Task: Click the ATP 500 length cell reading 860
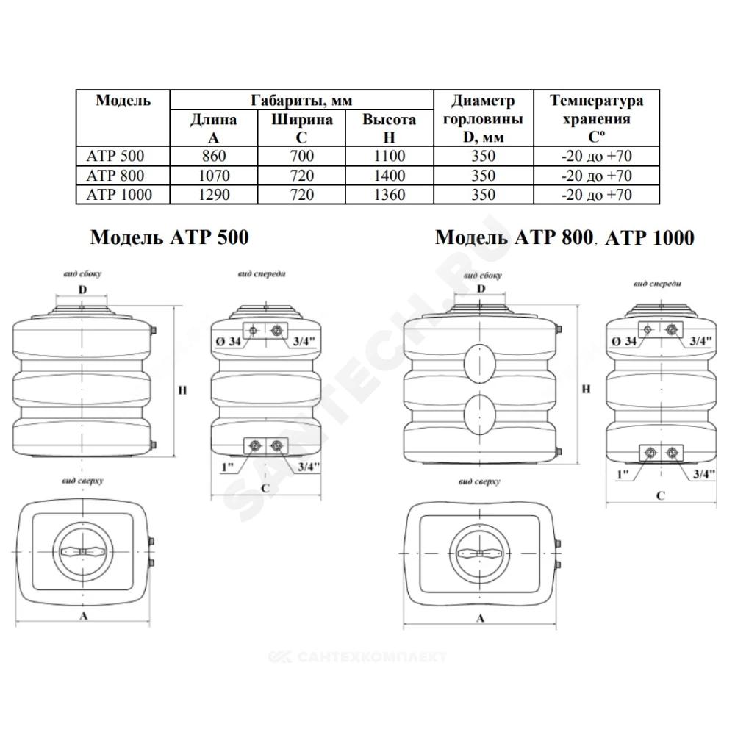pyautogui.click(x=214, y=156)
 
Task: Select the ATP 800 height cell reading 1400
pyautogui.click(x=389, y=176)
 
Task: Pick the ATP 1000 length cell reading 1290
pyautogui.click(x=214, y=195)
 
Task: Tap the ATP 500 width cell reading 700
pyautogui.click(x=301, y=156)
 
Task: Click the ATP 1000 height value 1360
pyautogui.click(x=389, y=195)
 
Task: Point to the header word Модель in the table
pyautogui.click(x=123, y=100)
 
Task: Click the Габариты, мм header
pyautogui.click(x=301, y=100)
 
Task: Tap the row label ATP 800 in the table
pyautogui.click(x=115, y=176)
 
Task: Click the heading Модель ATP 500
pyautogui.click(x=169, y=237)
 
